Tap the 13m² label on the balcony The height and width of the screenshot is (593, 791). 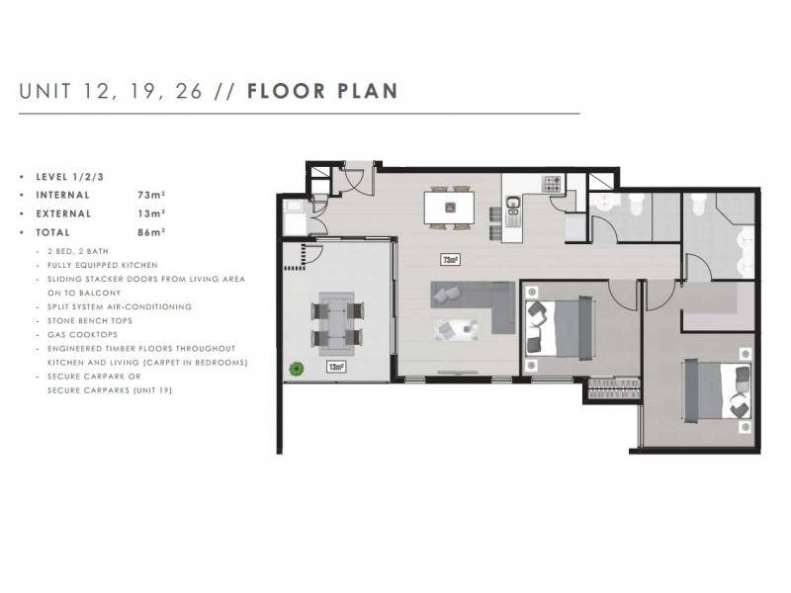tap(337, 368)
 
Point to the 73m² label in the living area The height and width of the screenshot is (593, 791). tap(451, 261)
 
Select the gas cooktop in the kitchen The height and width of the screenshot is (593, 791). tap(551, 184)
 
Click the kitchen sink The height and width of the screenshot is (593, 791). tap(513, 206)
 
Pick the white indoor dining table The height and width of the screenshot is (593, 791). tap(449, 208)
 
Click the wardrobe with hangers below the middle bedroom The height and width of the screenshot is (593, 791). tap(614, 390)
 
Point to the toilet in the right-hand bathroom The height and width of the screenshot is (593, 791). tap(699, 204)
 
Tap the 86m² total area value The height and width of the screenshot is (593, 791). tap(151, 231)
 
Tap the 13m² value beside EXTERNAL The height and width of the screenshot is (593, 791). tap(151, 212)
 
